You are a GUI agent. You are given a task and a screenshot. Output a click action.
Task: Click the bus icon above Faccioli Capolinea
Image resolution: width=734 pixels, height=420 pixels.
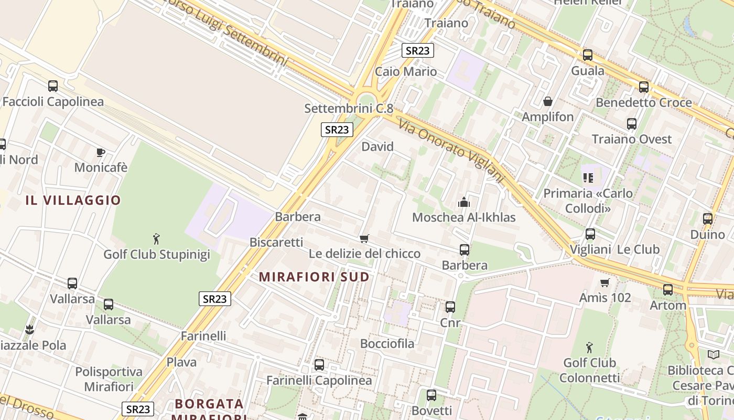[53, 86]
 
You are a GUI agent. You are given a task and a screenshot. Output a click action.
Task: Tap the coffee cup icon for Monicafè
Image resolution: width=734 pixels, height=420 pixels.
[101, 152]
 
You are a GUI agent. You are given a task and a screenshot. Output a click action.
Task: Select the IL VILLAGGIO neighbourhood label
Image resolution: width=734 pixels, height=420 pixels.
[73, 200]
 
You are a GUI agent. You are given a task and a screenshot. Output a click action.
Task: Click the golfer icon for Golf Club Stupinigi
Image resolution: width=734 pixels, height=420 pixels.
[156, 239]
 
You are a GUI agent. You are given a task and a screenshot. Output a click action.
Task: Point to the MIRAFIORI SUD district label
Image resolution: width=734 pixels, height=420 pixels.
[314, 277]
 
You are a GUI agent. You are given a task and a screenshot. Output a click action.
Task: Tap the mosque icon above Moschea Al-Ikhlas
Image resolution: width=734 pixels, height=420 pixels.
[463, 202]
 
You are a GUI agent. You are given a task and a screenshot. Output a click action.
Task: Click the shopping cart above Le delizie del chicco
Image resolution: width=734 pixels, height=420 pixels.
[364, 238]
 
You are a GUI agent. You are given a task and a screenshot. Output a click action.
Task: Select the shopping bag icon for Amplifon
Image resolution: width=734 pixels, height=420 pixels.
[548, 101]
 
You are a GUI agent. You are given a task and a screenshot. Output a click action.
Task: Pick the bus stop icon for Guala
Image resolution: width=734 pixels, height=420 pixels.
[588, 55]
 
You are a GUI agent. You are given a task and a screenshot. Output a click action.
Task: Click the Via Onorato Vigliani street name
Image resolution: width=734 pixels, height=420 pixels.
[451, 149]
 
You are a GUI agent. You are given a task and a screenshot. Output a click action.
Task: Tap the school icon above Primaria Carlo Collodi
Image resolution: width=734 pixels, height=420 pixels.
[588, 178]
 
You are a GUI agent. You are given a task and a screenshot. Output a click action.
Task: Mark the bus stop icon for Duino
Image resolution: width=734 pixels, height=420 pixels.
[708, 219]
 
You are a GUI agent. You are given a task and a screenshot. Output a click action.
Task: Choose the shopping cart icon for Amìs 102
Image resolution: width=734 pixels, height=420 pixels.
[605, 282]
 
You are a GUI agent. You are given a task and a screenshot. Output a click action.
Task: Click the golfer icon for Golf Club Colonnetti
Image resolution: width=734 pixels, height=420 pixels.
[589, 347]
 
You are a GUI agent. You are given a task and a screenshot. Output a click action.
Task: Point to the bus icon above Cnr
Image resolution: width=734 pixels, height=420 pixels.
[450, 307]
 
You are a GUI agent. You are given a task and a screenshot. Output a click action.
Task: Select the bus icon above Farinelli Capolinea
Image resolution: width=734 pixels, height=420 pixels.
[319, 364]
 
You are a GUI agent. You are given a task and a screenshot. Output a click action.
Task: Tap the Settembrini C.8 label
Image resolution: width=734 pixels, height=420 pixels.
[349, 109]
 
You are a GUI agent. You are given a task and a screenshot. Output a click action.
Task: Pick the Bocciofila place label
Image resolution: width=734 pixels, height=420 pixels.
[387, 344]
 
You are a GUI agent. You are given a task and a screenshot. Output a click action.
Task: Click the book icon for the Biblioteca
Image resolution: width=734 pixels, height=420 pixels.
[714, 354]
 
